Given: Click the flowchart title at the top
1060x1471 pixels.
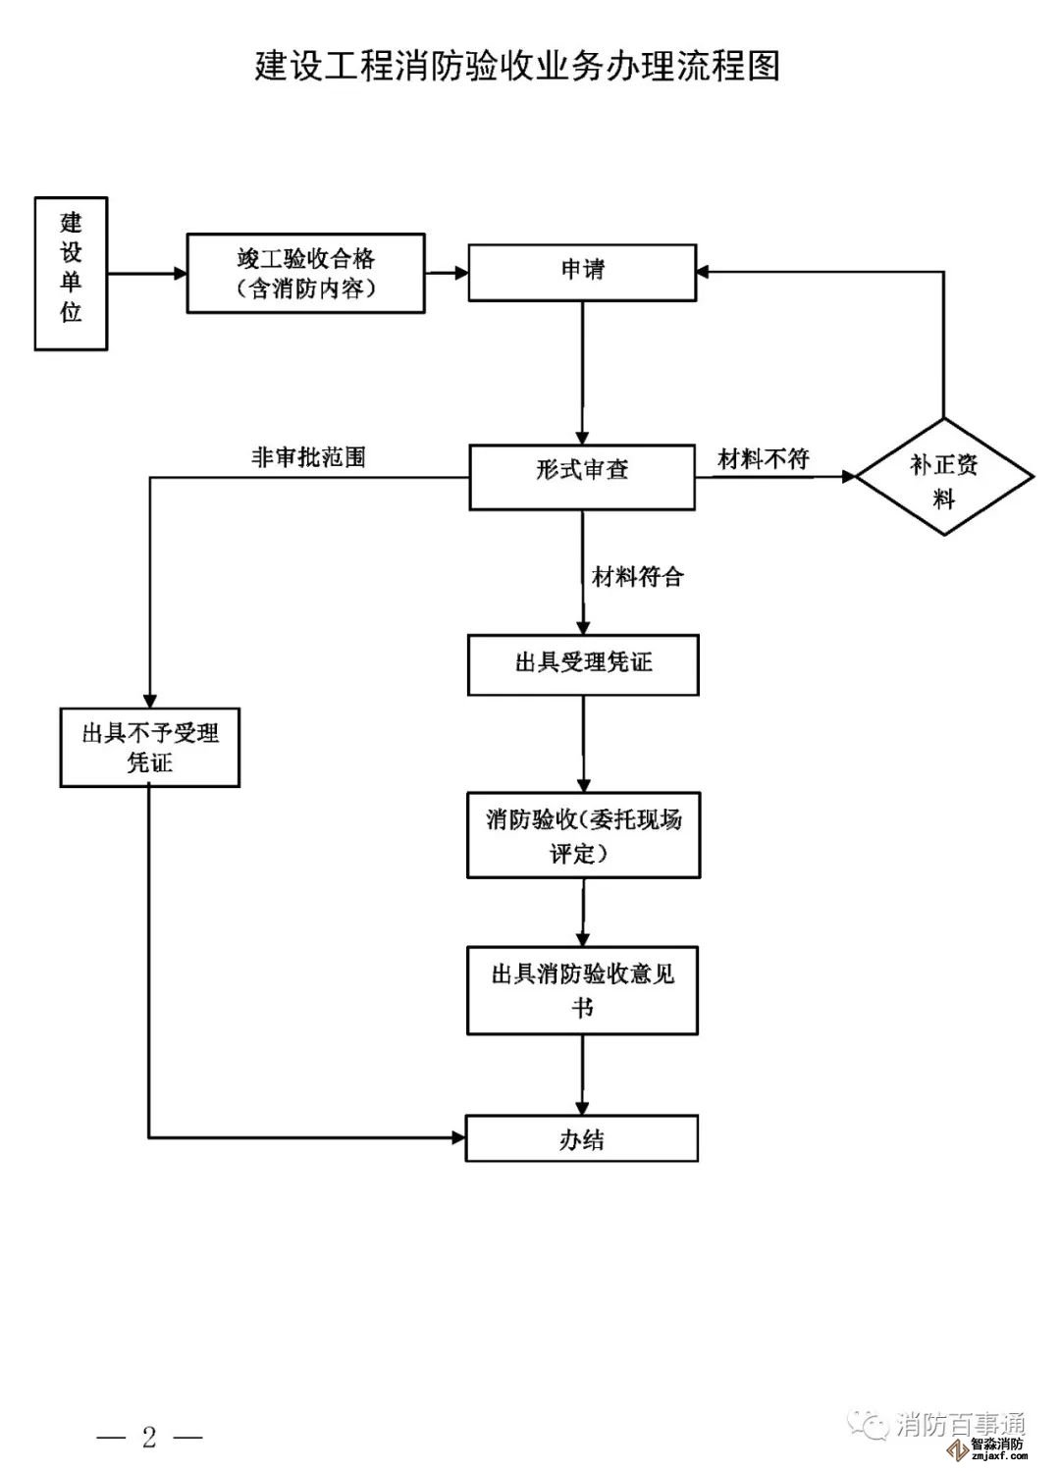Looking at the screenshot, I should (517, 67).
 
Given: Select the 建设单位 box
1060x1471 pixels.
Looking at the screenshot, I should (71, 274).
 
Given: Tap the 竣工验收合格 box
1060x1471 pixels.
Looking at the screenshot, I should (306, 274).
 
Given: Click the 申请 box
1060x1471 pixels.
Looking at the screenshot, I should (582, 272).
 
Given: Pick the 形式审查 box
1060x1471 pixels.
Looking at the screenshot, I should (582, 478).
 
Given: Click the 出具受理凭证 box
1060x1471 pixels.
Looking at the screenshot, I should (583, 665).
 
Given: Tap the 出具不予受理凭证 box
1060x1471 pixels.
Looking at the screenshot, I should (150, 748).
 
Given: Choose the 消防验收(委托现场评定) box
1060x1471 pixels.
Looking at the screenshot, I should (583, 835).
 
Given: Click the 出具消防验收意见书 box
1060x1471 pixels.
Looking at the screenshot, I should (582, 990).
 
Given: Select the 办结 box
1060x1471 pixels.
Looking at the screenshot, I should (582, 1138).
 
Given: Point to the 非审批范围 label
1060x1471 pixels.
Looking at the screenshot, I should (308, 457).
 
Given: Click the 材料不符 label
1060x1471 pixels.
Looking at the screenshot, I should (764, 459).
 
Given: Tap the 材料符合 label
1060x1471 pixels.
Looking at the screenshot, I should (637, 577).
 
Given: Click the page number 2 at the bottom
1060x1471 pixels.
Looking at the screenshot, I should (149, 1438).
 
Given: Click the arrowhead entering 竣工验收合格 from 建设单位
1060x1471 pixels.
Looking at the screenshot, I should (180, 274).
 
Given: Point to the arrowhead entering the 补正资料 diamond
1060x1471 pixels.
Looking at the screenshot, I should (848, 478).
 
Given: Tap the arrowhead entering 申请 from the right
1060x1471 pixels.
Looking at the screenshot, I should (704, 272).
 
